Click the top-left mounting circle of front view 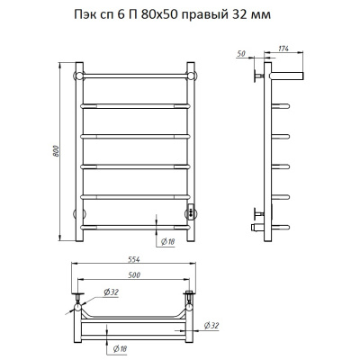(80, 73)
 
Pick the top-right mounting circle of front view (189, 73)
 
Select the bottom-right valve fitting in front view (190, 213)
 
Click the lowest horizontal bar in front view (135, 225)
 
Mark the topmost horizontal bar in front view (135, 74)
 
